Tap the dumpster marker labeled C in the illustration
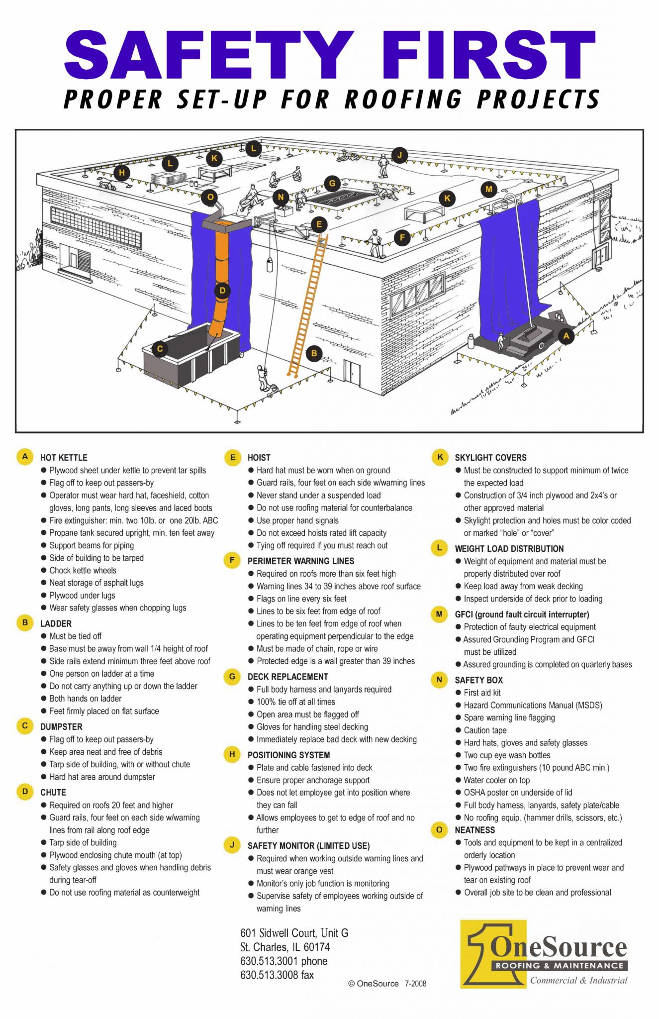[160, 349]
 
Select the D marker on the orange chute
[222, 291]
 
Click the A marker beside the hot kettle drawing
[565, 336]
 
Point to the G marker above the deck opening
[332, 183]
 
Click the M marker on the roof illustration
[488, 189]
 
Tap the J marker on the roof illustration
[399, 155]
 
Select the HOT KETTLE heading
[64, 458]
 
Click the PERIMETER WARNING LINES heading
[300, 561]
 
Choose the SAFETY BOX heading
[478, 680]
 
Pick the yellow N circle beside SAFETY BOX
[439, 680]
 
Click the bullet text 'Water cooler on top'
[496, 780]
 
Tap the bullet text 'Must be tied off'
[75, 636]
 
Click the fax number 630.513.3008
[277, 975]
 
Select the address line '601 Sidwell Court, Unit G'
[294, 933]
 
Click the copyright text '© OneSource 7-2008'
[387, 984]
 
